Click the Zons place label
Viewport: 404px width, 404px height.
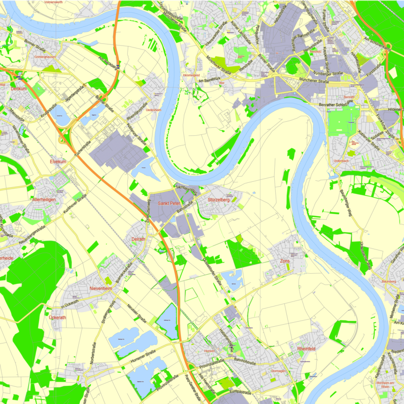(x=285, y=261)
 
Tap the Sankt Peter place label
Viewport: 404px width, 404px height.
(x=169, y=203)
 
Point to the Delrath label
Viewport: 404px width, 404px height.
(x=138, y=239)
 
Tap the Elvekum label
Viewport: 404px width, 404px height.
(x=58, y=161)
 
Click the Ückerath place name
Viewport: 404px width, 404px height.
(x=57, y=318)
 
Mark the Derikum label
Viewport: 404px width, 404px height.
(x=18, y=89)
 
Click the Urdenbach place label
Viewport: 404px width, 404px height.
(x=341, y=161)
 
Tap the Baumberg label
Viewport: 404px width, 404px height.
(x=388, y=281)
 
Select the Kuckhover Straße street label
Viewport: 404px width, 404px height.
(x=75, y=206)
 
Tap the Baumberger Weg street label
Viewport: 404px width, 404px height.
(x=344, y=202)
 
